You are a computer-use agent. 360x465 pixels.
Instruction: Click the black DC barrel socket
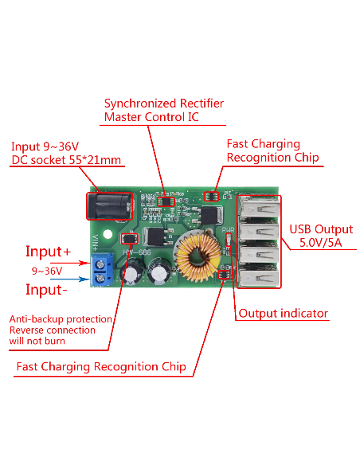click(110, 206)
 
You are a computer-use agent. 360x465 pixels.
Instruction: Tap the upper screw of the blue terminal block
click(101, 263)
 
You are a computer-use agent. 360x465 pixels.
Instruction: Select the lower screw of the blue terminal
click(101, 278)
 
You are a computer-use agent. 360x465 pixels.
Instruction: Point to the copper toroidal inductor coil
click(197, 256)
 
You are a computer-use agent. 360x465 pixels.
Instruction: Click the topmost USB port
click(259, 208)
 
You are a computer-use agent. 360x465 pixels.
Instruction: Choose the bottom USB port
click(259, 276)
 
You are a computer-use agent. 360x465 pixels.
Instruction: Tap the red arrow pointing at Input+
click(70, 263)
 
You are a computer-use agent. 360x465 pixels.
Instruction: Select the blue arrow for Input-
click(70, 279)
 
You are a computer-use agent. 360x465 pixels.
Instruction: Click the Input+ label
click(48, 252)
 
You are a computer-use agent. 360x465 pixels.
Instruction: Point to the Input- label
click(46, 290)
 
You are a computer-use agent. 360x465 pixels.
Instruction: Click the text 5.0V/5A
click(320, 243)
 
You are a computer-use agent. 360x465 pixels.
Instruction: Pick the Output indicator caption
click(284, 314)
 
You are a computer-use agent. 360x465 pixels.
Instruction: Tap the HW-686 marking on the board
click(137, 252)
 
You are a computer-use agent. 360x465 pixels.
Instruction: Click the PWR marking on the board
click(228, 230)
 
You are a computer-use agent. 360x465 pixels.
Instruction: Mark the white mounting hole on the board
click(108, 235)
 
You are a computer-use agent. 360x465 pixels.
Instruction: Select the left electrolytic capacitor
click(131, 272)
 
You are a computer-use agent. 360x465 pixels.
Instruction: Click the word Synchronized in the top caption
click(140, 104)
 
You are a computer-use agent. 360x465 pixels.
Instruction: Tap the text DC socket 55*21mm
click(66, 160)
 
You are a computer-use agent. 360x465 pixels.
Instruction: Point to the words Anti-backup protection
click(61, 319)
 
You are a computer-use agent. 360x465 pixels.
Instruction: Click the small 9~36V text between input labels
click(47, 271)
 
